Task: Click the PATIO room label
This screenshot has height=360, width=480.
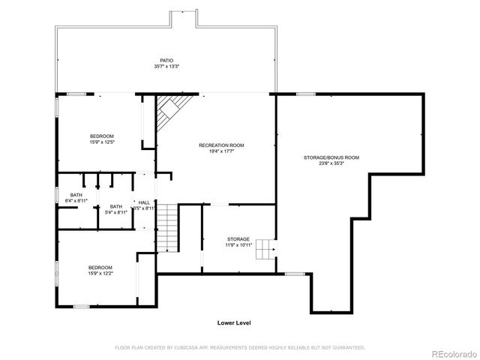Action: [166, 60]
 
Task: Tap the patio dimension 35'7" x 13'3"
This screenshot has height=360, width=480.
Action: [166, 67]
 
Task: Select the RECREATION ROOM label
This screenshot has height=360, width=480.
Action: [221, 145]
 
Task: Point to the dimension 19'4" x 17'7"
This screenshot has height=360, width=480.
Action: [221, 151]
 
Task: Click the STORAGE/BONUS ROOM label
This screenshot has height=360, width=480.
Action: [331, 157]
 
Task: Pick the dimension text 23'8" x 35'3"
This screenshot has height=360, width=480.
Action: [331, 163]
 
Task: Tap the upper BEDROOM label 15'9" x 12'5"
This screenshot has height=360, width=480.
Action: [102, 136]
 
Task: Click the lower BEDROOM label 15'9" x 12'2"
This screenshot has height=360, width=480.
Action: [100, 268]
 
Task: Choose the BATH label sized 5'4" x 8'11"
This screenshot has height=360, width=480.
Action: [116, 206]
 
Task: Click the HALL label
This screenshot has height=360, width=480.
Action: [144, 202]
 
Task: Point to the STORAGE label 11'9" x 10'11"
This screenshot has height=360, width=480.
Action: [238, 239]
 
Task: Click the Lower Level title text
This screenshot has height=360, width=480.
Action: [234, 322]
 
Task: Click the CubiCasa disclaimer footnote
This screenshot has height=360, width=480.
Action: [239, 347]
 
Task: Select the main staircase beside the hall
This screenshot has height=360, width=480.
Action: [168, 228]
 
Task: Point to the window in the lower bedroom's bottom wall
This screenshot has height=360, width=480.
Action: [82, 306]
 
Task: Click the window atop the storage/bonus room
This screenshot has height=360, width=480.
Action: [305, 94]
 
